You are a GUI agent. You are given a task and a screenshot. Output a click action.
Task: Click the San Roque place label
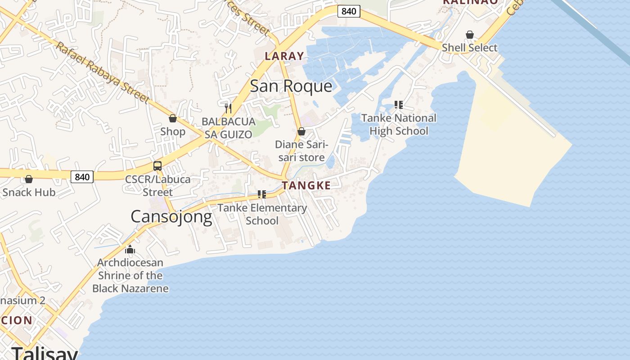[291, 86]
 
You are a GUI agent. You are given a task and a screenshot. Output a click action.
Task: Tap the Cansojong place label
[171, 217]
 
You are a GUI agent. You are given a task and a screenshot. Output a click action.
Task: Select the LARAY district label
[284, 56]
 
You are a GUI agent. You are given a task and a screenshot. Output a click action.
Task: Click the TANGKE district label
[306, 185]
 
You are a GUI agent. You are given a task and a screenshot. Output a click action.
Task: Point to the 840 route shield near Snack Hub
[82, 177]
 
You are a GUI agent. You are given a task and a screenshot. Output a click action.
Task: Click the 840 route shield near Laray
[349, 11]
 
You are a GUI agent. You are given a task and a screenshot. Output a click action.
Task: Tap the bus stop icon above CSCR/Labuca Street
[157, 166]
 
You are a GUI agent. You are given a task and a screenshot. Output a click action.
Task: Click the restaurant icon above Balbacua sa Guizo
[228, 108]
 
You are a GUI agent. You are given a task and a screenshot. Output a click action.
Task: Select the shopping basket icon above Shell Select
[470, 35]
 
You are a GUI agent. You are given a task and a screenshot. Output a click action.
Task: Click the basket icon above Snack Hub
[29, 179]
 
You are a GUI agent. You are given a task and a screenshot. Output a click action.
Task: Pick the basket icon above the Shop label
[172, 118]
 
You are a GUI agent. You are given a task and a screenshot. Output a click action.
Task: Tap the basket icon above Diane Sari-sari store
[301, 131]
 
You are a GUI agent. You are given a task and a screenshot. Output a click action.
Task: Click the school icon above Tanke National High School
[398, 105]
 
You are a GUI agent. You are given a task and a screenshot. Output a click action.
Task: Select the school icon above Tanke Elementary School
[261, 194]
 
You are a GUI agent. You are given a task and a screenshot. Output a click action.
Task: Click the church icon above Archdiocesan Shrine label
[130, 249]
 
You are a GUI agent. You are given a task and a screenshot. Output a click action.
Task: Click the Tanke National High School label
[399, 125]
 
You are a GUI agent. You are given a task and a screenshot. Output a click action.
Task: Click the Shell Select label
[470, 48]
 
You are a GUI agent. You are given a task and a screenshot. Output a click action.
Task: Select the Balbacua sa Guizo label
[228, 128]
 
